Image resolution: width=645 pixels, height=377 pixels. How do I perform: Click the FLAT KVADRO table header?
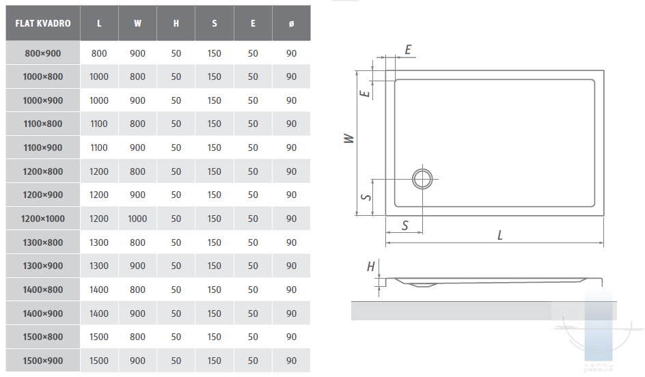point(43,23)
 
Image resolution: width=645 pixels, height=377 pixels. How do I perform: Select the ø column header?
point(291,23)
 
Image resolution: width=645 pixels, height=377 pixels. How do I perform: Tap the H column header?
point(176,23)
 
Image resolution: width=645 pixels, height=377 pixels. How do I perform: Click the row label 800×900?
point(43,53)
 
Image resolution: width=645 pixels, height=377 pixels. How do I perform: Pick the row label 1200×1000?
point(43,219)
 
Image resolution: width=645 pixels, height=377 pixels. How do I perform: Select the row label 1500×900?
point(43,361)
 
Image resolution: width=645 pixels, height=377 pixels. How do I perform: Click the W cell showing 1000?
point(137,219)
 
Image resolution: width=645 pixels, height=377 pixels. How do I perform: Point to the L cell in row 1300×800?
point(99,242)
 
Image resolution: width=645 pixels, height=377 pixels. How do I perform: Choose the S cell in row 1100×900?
point(215,148)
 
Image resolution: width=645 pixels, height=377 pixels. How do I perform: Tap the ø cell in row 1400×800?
point(291,290)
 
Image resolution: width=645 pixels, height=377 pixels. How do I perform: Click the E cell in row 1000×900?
point(253,100)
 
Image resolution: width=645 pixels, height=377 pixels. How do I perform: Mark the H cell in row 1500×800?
point(176,337)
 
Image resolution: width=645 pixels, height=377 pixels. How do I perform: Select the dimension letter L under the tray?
point(499,235)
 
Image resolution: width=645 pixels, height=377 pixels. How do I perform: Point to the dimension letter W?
point(349,138)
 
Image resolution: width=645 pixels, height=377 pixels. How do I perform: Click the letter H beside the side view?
point(370,267)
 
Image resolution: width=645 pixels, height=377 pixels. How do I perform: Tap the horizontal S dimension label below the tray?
point(404,225)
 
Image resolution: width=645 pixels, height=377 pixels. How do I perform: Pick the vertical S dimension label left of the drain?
point(366,197)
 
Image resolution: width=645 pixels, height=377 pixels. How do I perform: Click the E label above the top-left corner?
point(408,50)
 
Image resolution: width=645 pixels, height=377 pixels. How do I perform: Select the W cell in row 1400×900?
point(137,313)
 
